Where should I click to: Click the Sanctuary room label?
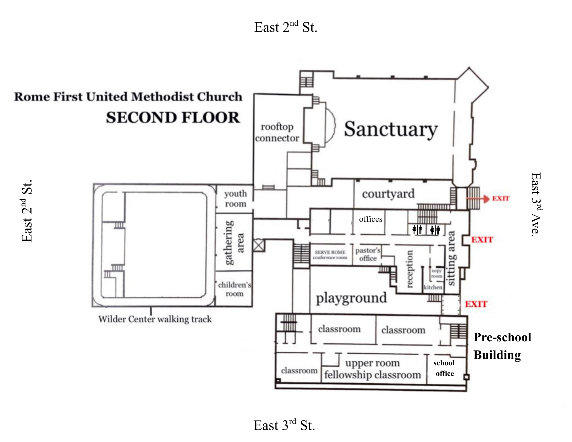coord(391,129)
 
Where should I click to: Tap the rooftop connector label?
coord(277,132)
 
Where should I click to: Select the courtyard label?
coord(388,194)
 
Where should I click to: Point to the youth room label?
coord(235,199)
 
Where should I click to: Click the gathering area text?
coord(234,243)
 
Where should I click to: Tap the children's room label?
coord(234,289)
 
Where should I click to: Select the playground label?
coord(351,298)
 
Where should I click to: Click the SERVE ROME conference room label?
coord(330,255)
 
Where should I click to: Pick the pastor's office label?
coord(368,254)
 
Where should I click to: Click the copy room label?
coord(437,273)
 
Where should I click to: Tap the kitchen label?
coord(433,287)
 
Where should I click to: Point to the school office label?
coord(444,368)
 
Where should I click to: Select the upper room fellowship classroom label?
coord(373,369)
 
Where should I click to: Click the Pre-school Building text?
coord(502,346)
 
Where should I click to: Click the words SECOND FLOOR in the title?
coord(173,118)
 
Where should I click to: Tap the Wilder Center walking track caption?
coord(155,319)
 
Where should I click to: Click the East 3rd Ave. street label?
coord(535,204)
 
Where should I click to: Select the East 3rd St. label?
coord(284,425)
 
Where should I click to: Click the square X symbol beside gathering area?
coord(259,245)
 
